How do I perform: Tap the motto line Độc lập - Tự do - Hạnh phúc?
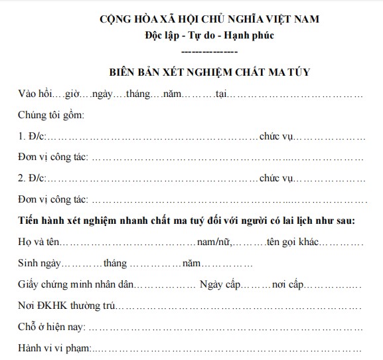[208, 35]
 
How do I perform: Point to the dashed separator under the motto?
[208, 50]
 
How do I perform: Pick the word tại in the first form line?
[221, 95]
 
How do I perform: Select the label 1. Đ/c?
[31, 137]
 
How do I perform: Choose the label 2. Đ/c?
[31, 179]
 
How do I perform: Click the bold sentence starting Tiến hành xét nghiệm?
[187, 221]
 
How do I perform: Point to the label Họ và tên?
[40, 242]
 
